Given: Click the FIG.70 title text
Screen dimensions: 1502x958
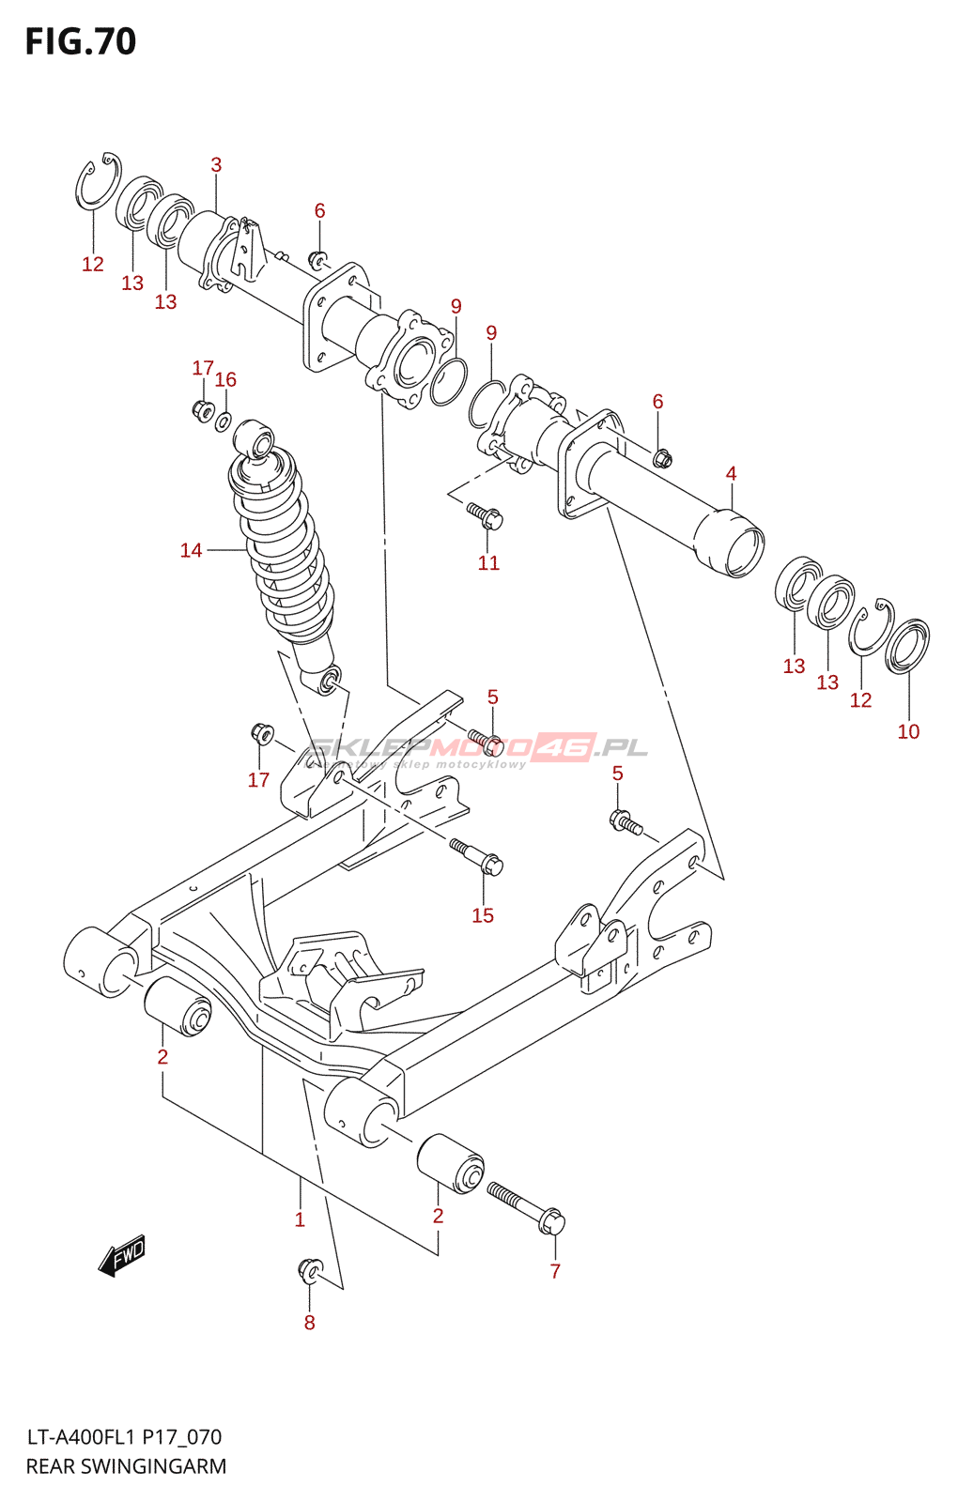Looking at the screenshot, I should click(81, 42).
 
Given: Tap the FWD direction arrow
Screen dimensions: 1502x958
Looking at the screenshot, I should click(123, 1254).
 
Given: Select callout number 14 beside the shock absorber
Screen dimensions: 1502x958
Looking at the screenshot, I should click(192, 550).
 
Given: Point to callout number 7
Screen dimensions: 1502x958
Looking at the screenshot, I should click(555, 1271).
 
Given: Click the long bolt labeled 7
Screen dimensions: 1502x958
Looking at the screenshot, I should click(526, 1207).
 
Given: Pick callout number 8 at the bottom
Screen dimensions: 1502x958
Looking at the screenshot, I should click(309, 1323).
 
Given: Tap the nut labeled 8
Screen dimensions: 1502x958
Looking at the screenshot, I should click(309, 1269).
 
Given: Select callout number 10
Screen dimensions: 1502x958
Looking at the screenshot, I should click(908, 731).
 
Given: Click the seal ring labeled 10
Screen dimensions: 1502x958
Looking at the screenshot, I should click(908, 646).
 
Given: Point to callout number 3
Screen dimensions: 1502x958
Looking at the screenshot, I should click(216, 165).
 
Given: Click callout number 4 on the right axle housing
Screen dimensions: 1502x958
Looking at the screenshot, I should click(731, 474).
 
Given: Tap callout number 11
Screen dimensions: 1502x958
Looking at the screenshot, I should click(488, 563).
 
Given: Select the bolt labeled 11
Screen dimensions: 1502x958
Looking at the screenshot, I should click(486, 515).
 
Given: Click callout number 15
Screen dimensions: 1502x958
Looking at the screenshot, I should click(483, 915).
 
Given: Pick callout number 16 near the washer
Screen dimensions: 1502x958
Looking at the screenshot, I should click(225, 380).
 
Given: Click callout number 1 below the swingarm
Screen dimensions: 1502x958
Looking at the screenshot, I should click(300, 1220).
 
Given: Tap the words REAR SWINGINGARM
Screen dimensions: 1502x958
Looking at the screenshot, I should click(126, 1466).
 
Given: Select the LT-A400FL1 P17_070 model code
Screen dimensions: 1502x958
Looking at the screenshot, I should click(124, 1436).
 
